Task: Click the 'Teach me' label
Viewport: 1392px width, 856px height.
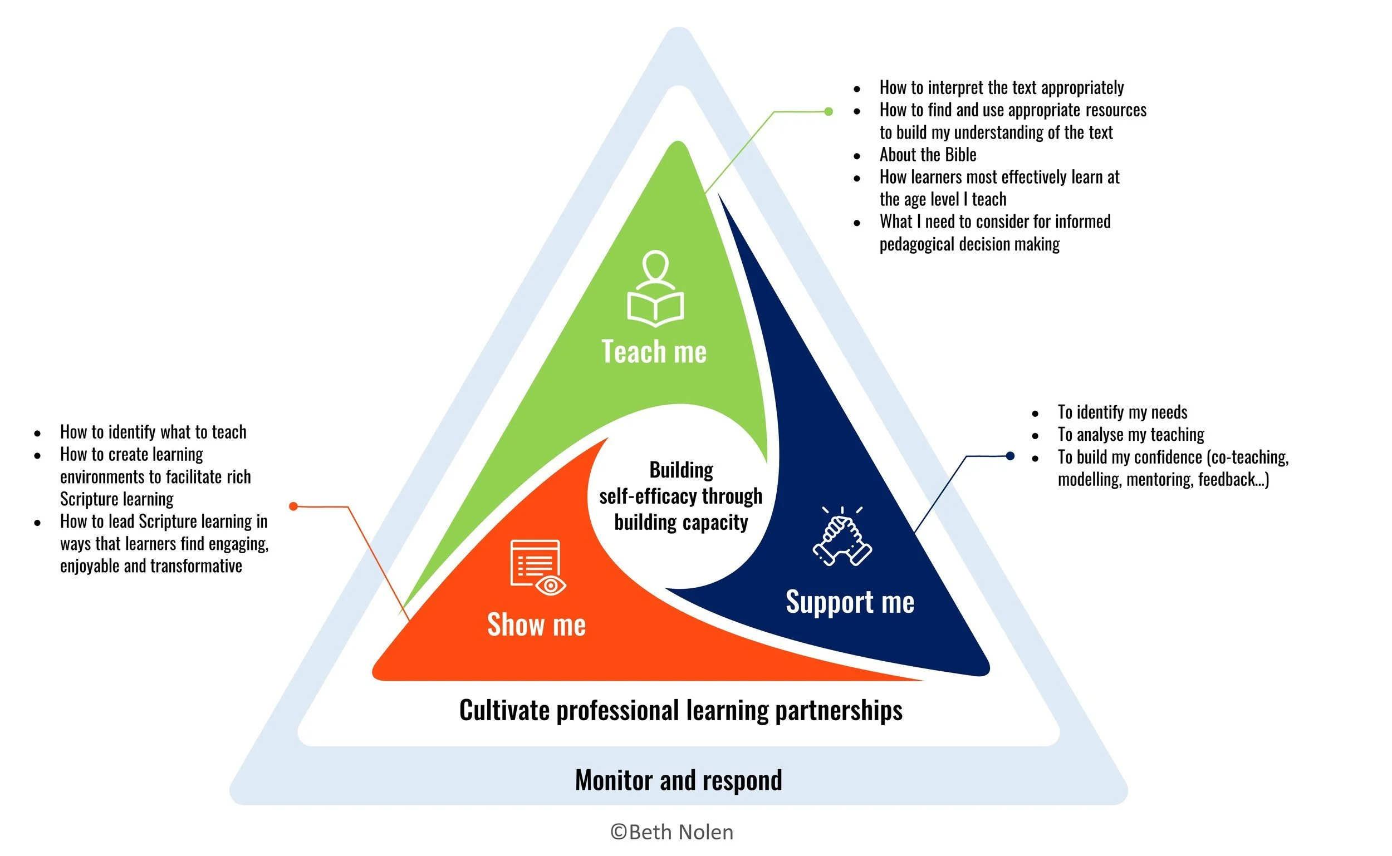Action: tap(654, 352)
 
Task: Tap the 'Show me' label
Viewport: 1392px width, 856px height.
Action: tap(536, 625)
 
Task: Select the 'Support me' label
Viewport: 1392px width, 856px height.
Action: tap(850, 602)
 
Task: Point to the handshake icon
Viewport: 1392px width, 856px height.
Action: tap(842, 537)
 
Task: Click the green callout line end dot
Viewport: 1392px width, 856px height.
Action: tap(829, 111)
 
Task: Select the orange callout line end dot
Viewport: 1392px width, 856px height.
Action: tap(293, 506)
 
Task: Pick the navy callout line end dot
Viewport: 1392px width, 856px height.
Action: tap(1009, 456)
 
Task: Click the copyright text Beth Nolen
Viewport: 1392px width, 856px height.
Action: tap(672, 832)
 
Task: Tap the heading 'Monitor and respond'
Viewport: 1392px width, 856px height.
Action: tap(678, 780)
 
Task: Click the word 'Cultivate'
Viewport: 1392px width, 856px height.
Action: tap(504, 711)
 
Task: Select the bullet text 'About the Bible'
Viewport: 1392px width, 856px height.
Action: tap(928, 155)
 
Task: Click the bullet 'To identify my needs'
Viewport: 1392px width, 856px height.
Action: tap(1122, 412)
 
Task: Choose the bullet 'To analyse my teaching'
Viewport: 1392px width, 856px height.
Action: tap(1130, 434)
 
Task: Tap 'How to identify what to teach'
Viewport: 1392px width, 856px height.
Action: tap(153, 432)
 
